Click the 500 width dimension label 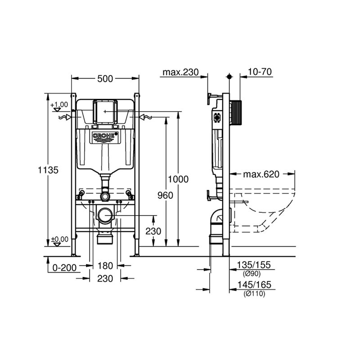pos(105,79)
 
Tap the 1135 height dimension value pos(48,170)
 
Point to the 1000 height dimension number pos(178,179)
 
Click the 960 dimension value pos(165,195)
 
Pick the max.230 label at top pos(180,72)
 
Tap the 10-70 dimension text pos(260,72)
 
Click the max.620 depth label pos(261,174)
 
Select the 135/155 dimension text pos(254,265)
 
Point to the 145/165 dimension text pos(254,285)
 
